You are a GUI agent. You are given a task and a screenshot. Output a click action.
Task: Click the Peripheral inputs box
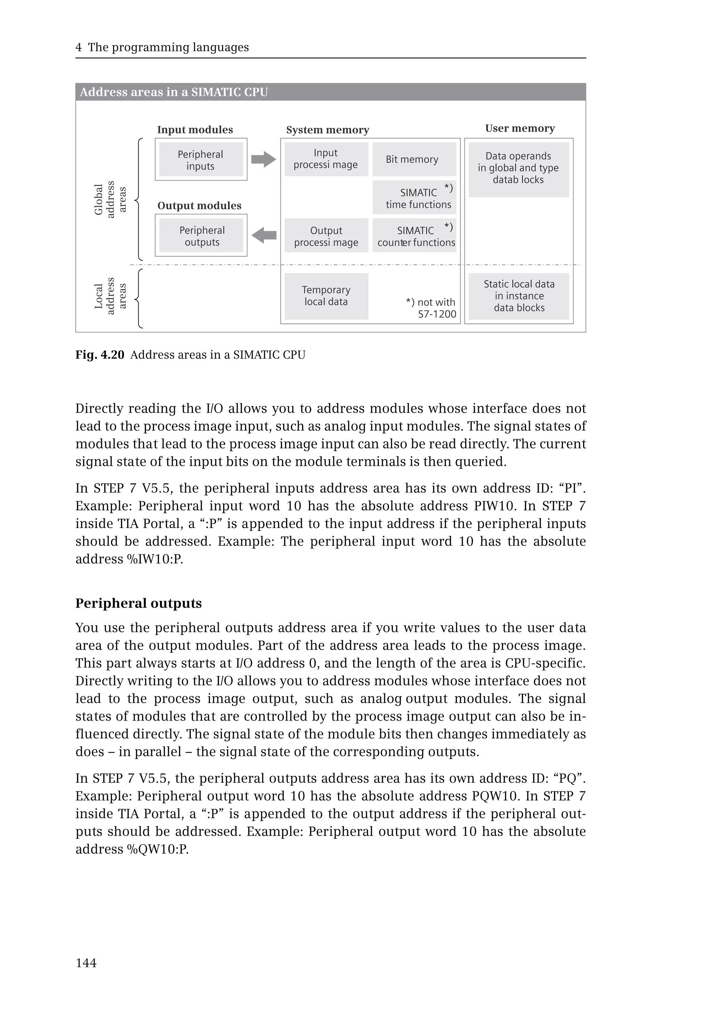point(201,160)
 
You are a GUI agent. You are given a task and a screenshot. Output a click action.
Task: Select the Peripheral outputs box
point(201,236)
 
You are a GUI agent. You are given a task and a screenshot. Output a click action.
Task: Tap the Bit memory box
point(414,159)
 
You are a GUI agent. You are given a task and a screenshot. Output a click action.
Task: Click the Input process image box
point(326,159)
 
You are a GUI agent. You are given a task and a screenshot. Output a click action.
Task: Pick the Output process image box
point(326,236)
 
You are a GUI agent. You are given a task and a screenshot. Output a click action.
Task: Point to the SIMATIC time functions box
point(414,197)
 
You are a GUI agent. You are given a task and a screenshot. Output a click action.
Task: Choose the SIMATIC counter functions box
point(414,236)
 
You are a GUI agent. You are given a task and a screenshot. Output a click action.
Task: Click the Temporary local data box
point(326,296)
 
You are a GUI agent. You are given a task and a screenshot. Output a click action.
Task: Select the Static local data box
point(518,296)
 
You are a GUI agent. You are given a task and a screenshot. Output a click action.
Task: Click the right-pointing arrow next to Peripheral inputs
point(264,159)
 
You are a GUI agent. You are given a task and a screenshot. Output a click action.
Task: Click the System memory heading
point(327,130)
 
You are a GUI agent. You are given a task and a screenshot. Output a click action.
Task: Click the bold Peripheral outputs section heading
point(138,603)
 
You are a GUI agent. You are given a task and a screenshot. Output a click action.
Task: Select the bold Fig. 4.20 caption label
point(99,355)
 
